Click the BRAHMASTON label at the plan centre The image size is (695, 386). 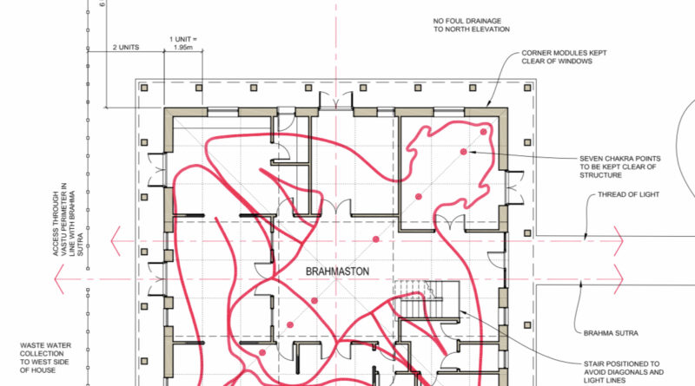pyautogui.click(x=337, y=272)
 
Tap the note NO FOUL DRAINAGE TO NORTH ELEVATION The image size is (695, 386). pyautogui.click(x=471, y=25)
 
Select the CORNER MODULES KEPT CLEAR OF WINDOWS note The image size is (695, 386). pyautogui.click(x=564, y=56)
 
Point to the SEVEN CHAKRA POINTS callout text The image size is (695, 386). pyautogui.click(x=619, y=167)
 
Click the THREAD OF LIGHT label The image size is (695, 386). pyautogui.click(x=628, y=194)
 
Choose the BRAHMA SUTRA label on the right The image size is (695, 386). pyautogui.click(x=611, y=333)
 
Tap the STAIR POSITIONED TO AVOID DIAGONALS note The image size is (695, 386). pyautogui.click(x=623, y=372)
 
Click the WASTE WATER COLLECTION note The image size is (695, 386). pyautogui.click(x=45, y=357)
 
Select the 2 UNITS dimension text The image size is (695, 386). pyautogui.click(x=126, y=47)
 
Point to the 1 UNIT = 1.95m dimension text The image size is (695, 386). pyautogui.click(x=183, y=43)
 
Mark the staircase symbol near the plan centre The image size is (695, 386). pyautogui.click(x=427, y=299)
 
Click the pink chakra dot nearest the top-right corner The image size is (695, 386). pyautogui.click(x=483, y=132)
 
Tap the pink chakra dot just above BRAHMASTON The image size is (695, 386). pyautogui.click(x=376, y=239)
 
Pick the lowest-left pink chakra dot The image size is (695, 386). pyautogui.click(x=262, y=353)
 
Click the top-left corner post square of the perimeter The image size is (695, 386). pyautogui.click(x=144, y=88)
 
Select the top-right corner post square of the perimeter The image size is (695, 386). pyautogui.click(x=527, y=88)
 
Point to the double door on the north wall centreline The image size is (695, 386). pyautogui.click(x=336, y=100)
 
